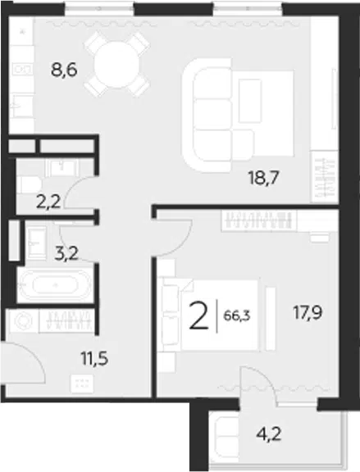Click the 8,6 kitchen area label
[64, 71]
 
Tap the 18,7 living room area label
[263, 179]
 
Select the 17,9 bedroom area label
[308, 312]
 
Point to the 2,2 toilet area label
[48, 202]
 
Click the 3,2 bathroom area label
[66, 253]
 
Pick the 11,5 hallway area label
[94, 359]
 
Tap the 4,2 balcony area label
[269, 434]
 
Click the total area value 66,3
[237, 316]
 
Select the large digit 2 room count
[198, 316]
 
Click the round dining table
[116, 65]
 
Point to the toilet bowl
[29, 185]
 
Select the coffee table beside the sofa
[250, 101]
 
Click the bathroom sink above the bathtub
[36, 243]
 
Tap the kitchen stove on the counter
[21, 69]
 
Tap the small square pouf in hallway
[82, 383]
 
